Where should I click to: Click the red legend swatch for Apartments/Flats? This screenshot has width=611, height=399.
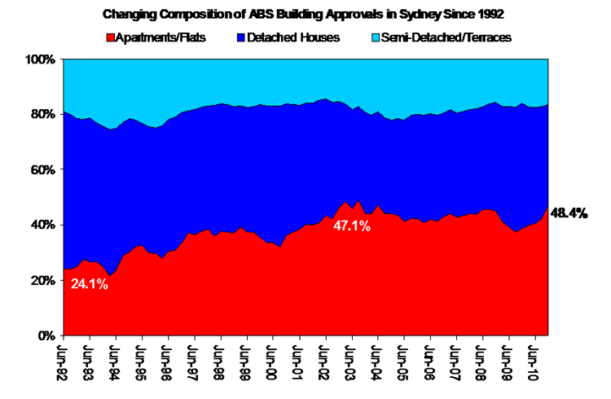pos(110,37)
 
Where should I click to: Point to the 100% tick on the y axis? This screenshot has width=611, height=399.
pos(40,59)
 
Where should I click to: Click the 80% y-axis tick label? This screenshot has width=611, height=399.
pos(42,115)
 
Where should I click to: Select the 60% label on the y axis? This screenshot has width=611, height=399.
pos(42,170)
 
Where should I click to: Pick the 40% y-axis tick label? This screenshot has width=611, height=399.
pos(42,225)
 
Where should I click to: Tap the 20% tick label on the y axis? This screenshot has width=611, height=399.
pos(42,280)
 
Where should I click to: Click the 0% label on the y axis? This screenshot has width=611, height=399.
pos(46,335)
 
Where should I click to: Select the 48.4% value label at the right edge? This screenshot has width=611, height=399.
pos(570,213)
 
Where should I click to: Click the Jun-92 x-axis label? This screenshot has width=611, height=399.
pos(64,362)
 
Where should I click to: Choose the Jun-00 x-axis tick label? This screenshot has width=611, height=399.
pos(274,362)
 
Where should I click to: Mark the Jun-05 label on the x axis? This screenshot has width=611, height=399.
pos(405,362)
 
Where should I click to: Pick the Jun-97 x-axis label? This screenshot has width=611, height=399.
pos(195,362)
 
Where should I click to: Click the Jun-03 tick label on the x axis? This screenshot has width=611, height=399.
pos(352,362)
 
